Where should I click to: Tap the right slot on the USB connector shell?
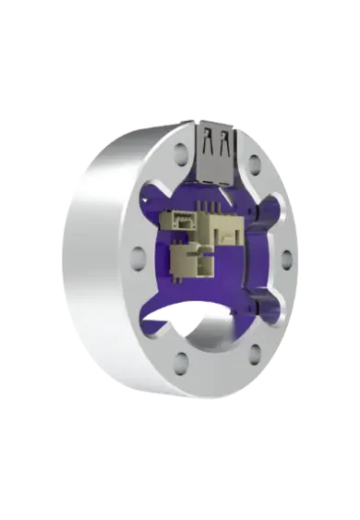point(225,142)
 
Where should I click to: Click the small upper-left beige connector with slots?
point(178,221)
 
